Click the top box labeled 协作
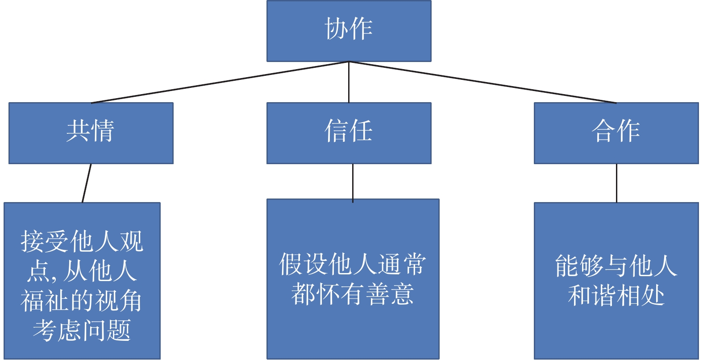click(x=349, y=31)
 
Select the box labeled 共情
click(x=91, y=133)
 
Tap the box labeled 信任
click(x=349, y=133)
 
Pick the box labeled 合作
click(x=616, y=133)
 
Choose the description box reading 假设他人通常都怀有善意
click(x=353, y=279)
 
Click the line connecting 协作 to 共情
click(x=220, y=82)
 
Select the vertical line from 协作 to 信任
click(x=349, y=82)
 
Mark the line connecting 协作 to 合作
click(x=482, y=82)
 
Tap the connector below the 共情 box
click(x=87, y=183)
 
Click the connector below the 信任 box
click(x=353, y=183)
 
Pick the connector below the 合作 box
click(x=616, y=183)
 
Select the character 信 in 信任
click(x=336, y=131)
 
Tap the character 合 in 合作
click(x=603, y=131)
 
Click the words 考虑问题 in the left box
click(x=82, y=330)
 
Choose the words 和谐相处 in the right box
click(x=616, y=295)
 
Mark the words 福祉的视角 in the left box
click(x=82, y=301)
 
